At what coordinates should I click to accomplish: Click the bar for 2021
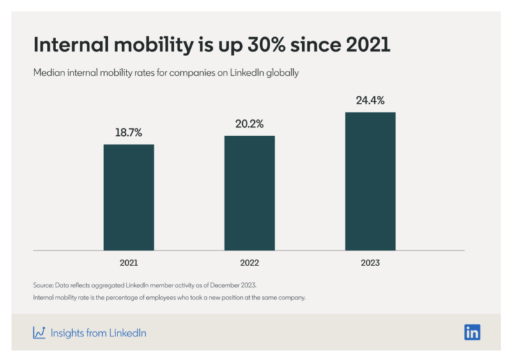pyautogui.click(x=128, y=197)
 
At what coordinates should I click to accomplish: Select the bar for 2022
pyautogui.click(x=249, y=193)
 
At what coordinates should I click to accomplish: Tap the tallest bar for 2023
pyautogui.click(x=370, y=181)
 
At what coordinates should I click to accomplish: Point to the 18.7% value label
pyautogui.click(x=128, y=133)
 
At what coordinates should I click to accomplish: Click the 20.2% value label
pyautogui.click(x=249, y=124)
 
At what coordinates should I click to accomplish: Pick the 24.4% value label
pyautogui.click(x=370, y=100)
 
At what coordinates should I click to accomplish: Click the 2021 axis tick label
pyautogui.click(x=128, y=262)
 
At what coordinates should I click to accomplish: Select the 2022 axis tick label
pyautogui.click(x=249, y=262)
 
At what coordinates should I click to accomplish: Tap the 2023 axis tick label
pyautogui.click(x=370, y=262)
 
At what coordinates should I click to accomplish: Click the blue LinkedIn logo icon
pyautogui.click(x=472, y=332)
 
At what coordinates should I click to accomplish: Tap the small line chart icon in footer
pyautogui.click(x=39, y=333)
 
